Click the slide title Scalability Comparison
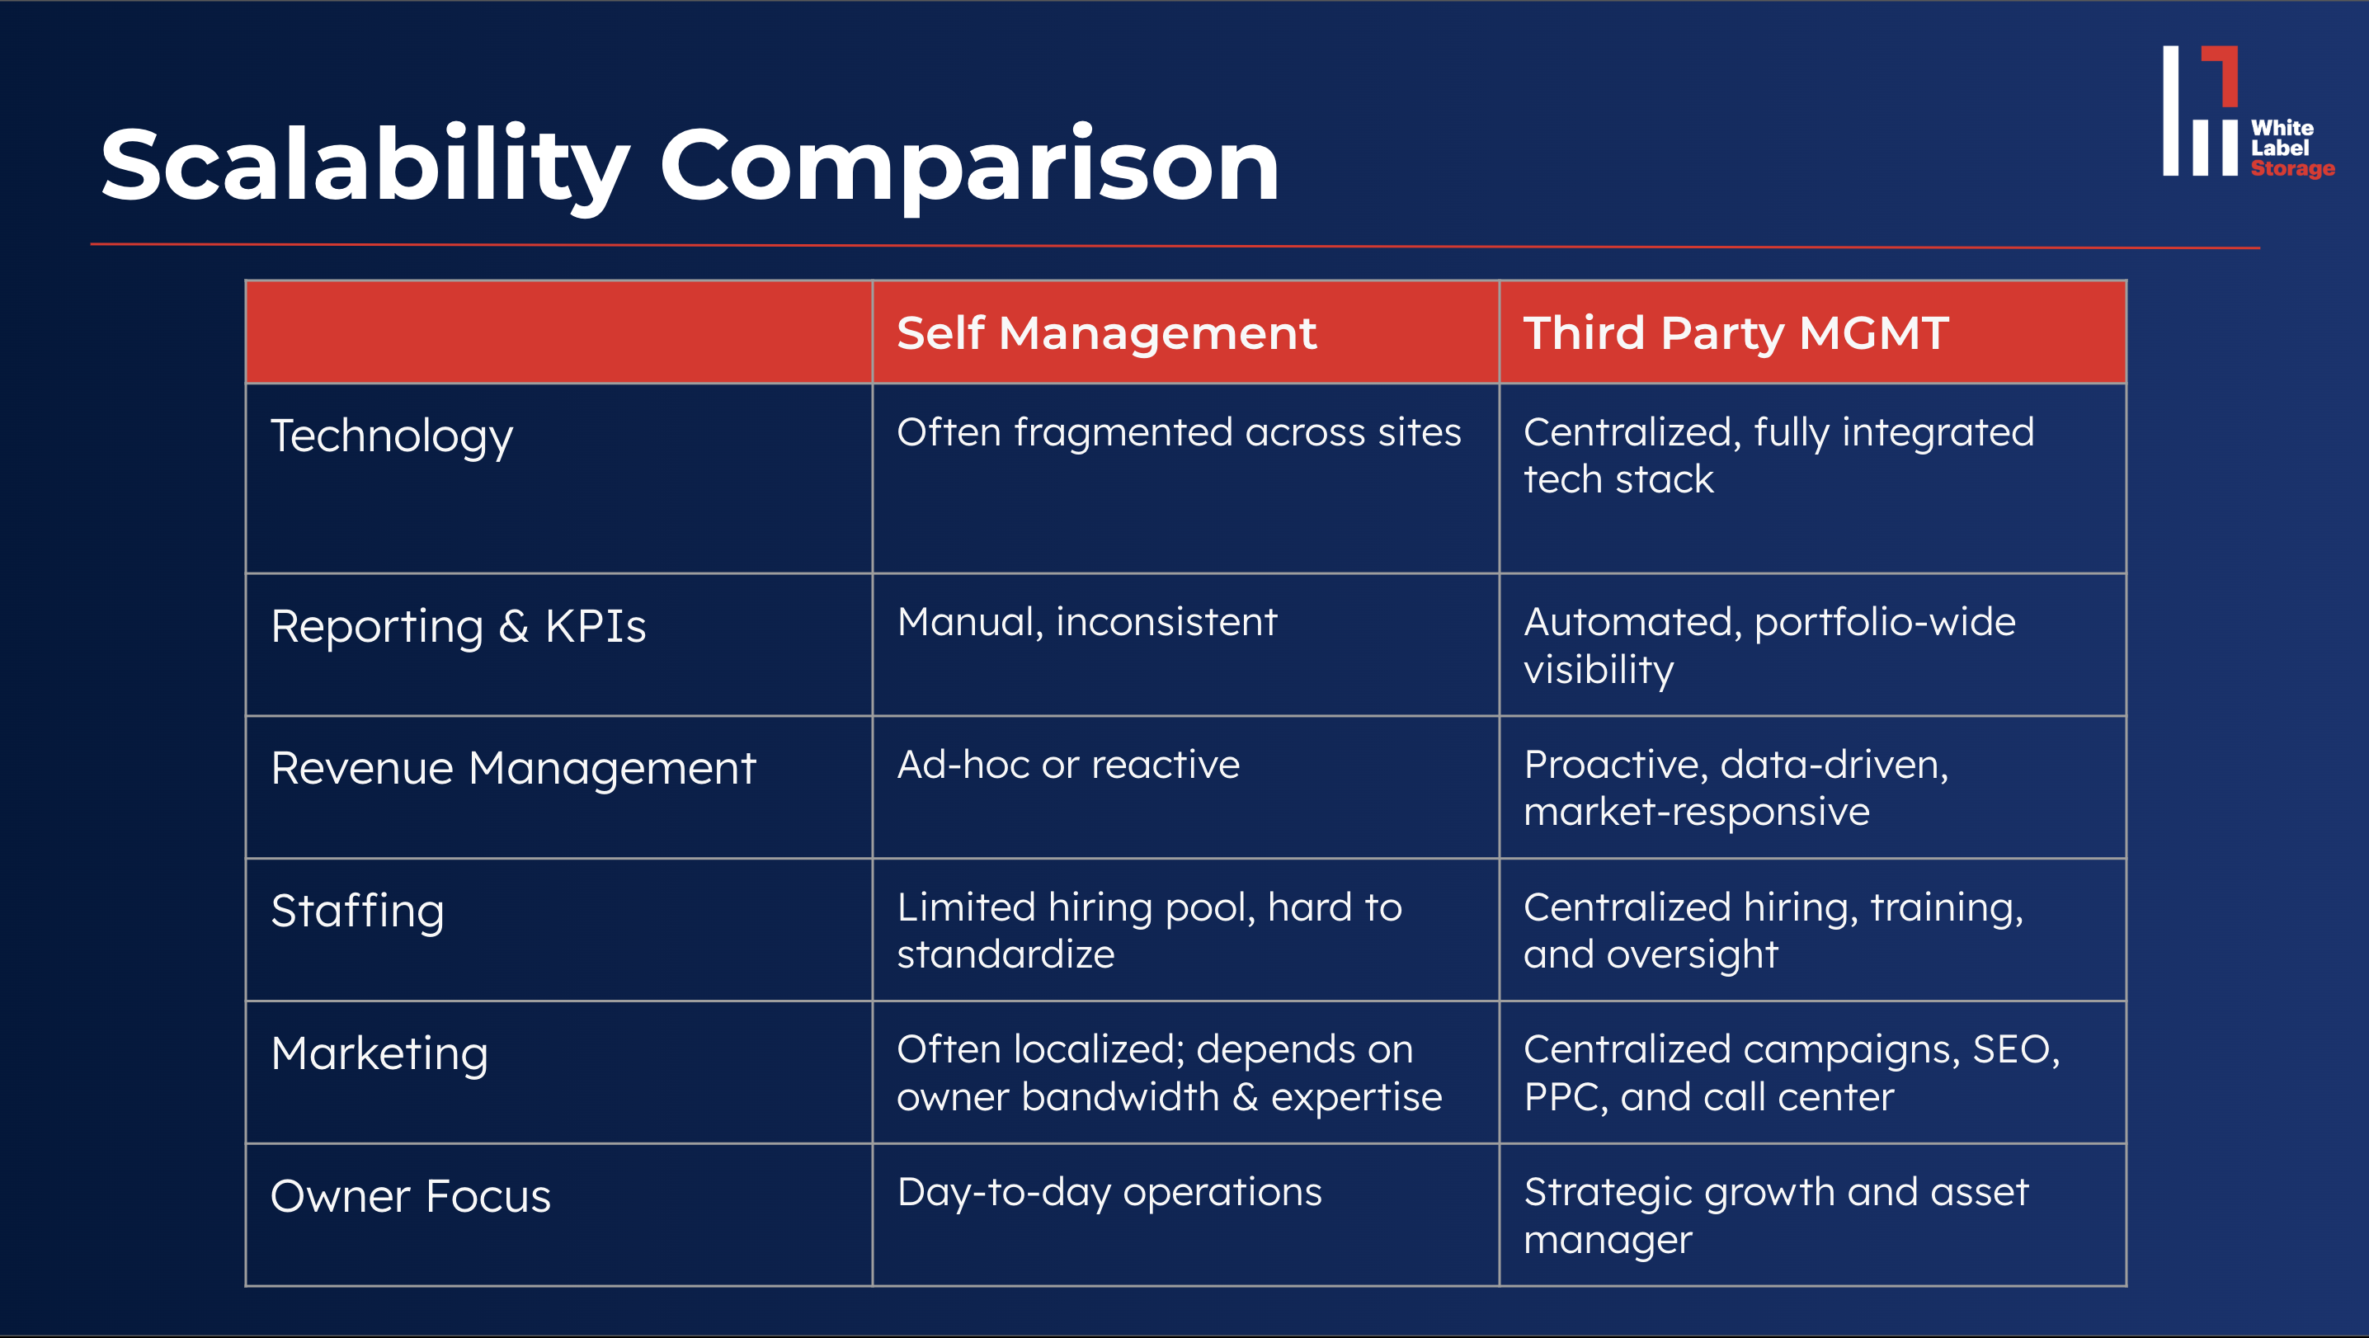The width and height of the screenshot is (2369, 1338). (x=690, y=166)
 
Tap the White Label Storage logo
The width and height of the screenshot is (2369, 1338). (x=2248, y=111)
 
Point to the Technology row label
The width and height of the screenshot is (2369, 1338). (x=392, y=437)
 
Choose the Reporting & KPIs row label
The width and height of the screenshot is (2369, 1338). (x=458, y=626)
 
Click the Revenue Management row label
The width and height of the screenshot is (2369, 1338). (x=513, y=769)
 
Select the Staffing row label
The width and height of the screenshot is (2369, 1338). (x=358, y=912)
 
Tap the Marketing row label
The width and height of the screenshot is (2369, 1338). (x=379, y=1054)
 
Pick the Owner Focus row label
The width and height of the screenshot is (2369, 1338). (x=410, y=1196)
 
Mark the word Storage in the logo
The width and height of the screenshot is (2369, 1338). (x=2292, y=168)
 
